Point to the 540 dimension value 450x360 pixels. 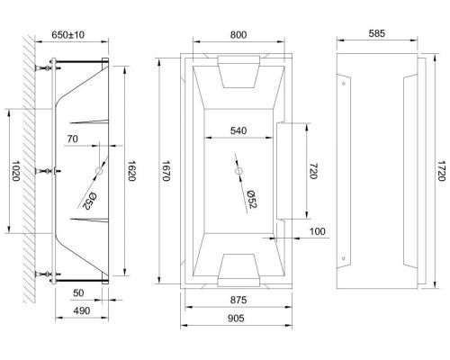click(238, 130)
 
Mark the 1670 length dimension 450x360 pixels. click(166, 172)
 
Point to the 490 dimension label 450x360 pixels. click(81, 310)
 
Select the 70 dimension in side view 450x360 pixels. click(73, 139)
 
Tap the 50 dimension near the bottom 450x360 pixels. click(78, 293)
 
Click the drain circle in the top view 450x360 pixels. click(238, 171)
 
